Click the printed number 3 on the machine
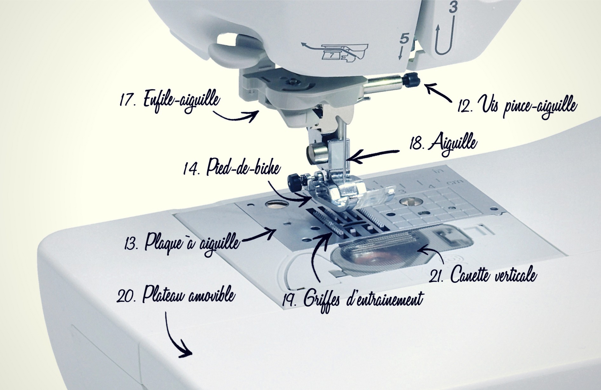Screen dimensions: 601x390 coord(453,7)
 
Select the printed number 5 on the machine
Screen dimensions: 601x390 coord(404,39)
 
